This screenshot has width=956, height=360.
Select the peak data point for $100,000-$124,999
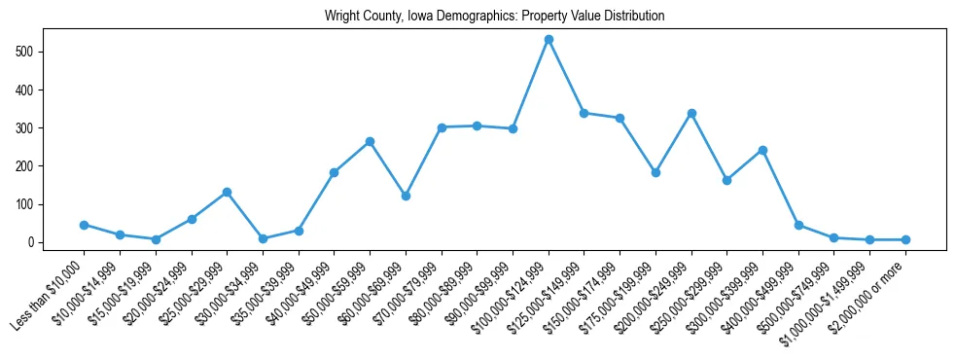tap(549, 39)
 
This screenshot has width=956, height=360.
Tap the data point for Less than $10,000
tap(85, 225)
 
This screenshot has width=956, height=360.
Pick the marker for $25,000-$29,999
tap(227, 192)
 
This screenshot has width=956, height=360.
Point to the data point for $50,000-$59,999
tap(370, 141)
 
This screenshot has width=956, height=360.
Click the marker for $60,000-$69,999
tap(406, 196)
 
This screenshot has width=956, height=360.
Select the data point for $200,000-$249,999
tap(691, 113)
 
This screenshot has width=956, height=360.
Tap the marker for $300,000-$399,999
tap(762, 150)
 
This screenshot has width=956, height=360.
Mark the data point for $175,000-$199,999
tap(655, 172)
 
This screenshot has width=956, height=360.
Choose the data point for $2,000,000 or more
tap(905, 239)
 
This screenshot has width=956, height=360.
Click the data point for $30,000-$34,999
tap(263, 238)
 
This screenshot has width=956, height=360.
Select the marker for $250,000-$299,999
tap(726, 180)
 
